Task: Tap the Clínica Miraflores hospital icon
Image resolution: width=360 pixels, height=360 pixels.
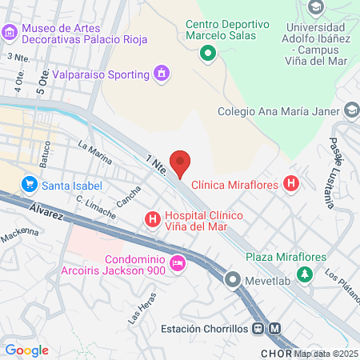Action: (x=291, y=185)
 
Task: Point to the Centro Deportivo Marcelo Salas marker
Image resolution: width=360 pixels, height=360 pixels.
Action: (x=207, y=54)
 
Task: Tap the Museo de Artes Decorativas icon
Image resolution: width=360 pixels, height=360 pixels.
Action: (x=10, y=32)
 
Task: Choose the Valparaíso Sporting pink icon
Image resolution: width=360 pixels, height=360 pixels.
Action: (x=162, y=74)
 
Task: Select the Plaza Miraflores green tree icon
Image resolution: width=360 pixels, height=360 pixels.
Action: (x=304, y=274)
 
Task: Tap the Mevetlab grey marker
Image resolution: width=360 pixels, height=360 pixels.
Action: (x=233, y=279)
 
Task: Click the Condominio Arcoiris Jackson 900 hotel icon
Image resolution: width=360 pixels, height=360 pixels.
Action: (x=177, y=262)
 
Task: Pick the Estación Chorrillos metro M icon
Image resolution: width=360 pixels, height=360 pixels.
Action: (x=275, y=328)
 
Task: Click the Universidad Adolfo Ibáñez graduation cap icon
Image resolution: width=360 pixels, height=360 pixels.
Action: (x=315, y=7)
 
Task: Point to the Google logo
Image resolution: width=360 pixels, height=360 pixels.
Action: (x=26, y=350)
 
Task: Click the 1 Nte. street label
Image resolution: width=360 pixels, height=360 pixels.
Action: (x=155, y=164)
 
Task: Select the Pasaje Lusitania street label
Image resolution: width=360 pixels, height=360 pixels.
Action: (x=340, y=169)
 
